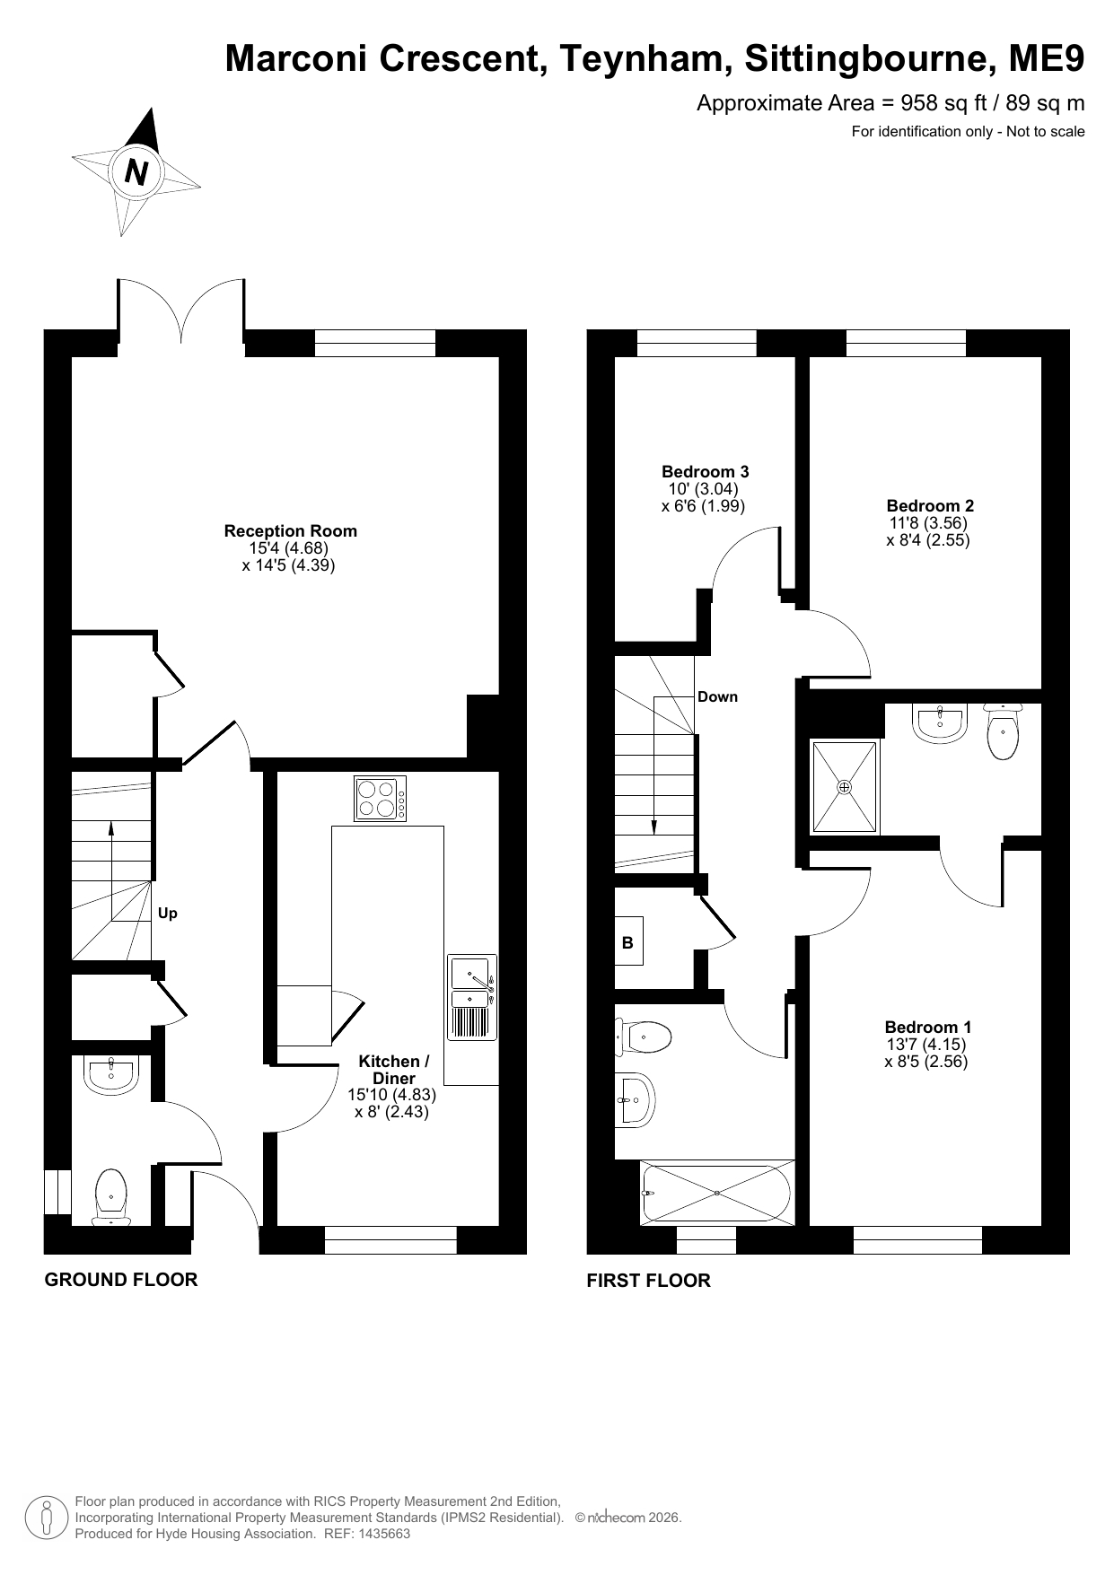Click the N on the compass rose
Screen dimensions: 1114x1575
click(x=136, y=171)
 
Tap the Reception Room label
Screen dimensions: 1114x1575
click(x=290, y=531)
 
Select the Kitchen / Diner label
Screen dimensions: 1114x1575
click(x=394, y=1070)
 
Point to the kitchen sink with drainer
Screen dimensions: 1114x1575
click(x=472, y=997)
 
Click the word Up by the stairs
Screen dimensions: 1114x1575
click(x=168, y=914)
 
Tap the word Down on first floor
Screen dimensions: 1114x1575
click(x=717, y=696)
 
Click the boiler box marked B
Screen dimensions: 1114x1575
click(x=628, y=941)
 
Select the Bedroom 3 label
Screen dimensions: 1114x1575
click(x=706, y=472)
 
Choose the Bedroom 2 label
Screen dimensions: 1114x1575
click(x=930, y=506)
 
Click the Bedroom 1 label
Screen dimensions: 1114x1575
click(x=928, y=1028)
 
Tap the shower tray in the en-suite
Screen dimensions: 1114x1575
click(x=845, y=787)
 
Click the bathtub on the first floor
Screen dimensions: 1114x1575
click(x=717, y=1192)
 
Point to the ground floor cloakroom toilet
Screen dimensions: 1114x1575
click(x=111, y=1197)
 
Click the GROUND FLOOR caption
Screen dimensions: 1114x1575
click(x=121, y=1280)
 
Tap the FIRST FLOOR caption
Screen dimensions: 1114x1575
click(x=648, y=1281)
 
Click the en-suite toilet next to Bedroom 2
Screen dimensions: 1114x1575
click(x=1002, y=731)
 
